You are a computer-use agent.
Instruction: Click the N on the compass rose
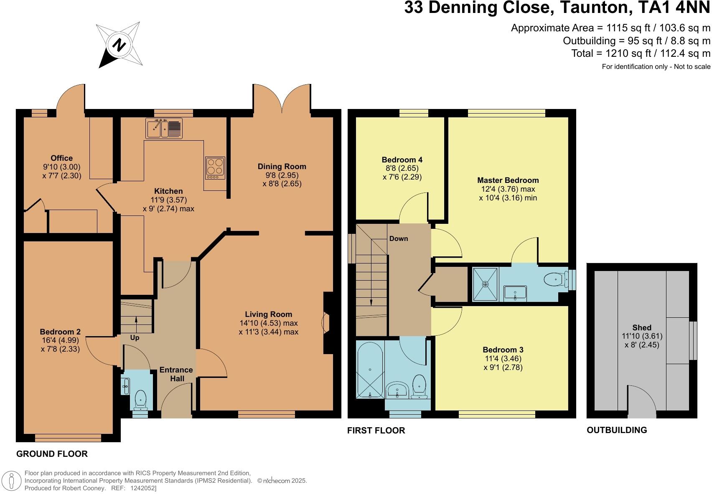[119, 45]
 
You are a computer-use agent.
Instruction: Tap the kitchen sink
[164, 128]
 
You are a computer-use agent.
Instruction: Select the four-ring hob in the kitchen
[215, 168]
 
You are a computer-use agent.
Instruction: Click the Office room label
[62, 158]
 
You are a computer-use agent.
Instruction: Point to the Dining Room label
[282, 167]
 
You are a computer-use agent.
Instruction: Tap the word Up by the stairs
[135, 338]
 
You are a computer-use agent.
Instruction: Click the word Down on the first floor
[399, 238]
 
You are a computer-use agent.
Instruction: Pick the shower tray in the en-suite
[485, 284]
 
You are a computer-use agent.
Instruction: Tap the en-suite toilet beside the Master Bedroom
[556, 279]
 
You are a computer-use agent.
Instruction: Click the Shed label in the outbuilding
[642, 327]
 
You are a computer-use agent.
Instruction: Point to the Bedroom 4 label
[402, 160]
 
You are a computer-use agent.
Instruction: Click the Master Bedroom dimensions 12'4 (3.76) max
[508, 189]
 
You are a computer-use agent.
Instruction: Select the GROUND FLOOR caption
[52, 454]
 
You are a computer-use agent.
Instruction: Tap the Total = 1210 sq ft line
[641, 53]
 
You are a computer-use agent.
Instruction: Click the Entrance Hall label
[176, 374]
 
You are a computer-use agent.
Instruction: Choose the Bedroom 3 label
[503, 350]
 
